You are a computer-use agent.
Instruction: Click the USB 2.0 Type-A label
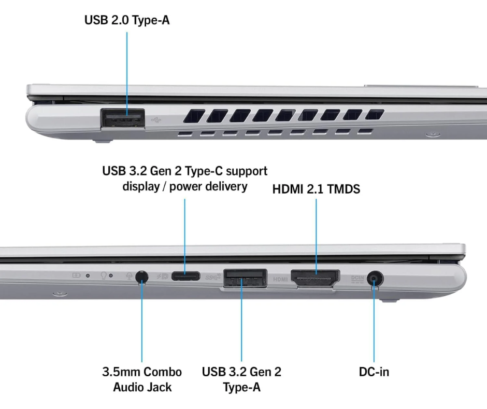[x=127, y=20]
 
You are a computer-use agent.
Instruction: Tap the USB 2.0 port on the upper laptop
[x=123, y=118]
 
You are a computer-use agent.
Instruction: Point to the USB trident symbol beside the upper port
[x=156, y=119]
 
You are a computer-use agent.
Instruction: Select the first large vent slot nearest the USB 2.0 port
[x=194, y=116]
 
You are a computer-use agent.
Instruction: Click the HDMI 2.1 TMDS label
[x=316, y=189]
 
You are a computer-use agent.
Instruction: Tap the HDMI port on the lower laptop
[x=315, y=278]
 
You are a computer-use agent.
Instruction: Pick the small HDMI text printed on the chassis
[x=280, y=279]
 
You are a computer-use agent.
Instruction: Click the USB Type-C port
[x=185, y=276]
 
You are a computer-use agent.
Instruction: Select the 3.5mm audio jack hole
[x=142, y=277]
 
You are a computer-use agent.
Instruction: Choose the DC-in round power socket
[x=375, y=278]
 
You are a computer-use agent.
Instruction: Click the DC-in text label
[x=374, y=372]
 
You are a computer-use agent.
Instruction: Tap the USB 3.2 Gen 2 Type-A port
[x=245, y=278]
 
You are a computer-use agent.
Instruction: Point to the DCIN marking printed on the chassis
[x=357, y=279]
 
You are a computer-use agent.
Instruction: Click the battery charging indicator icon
[x=76, y=275]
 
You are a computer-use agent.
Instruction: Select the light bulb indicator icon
[x=104, y=276]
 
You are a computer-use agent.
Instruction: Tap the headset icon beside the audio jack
[x=129, y=276]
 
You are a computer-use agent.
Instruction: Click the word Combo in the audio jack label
[x=163, y=372]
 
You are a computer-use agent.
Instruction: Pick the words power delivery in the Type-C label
[x=208, y=186]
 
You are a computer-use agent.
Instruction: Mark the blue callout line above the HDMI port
[x=316, y=237]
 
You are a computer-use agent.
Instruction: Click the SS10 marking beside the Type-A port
[x=213, y=277]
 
